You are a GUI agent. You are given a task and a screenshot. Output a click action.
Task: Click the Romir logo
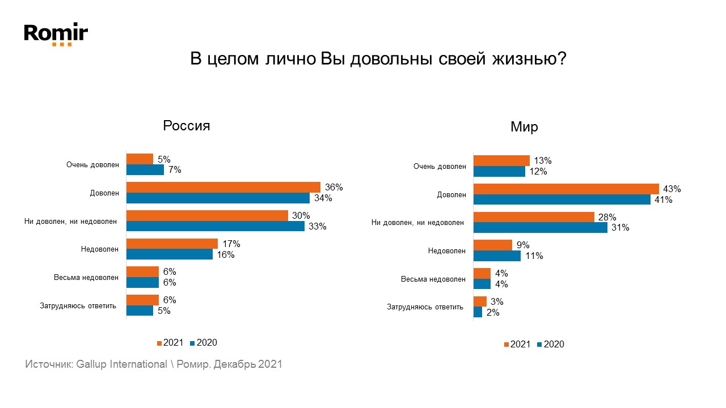(x=56, y=34)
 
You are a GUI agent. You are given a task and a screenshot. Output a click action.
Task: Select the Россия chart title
(x=187, y=125)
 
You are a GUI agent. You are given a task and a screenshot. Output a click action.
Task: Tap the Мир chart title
(x=524, y=127)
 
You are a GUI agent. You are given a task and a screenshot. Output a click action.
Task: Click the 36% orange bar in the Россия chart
(x=223, y=187)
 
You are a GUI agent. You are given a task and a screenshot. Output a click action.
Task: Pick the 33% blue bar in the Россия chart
(x=215, y=226)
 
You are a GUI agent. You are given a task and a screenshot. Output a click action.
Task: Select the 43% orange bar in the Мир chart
(x=566, y=189)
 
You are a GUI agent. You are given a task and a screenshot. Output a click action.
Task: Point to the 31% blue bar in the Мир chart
(x=541, y=228)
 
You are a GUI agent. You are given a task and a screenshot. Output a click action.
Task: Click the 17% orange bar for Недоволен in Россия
(x=172, y=244)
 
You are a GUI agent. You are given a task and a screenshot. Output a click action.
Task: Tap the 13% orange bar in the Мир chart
(x=501, y=160)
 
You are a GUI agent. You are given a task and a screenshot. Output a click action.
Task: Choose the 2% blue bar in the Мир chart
(x=478, y=312)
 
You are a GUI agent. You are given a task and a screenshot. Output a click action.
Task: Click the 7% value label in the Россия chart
(x=174, y=169)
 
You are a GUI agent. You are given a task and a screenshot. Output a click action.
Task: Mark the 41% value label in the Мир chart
(x=664, y=199)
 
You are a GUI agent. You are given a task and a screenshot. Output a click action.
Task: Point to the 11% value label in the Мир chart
(x=534, y=256)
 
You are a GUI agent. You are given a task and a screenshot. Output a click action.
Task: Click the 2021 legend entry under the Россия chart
(x=170, y=343)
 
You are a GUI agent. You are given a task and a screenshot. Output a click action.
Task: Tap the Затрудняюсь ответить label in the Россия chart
(x=78, y=306)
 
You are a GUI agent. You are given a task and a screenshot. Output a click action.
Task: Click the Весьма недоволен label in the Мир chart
(x=433, y=279)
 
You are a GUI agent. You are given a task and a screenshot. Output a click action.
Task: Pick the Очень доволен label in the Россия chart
(x=92, y=165)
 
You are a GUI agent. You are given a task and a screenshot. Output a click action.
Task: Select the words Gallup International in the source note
(x=121, y=364)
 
